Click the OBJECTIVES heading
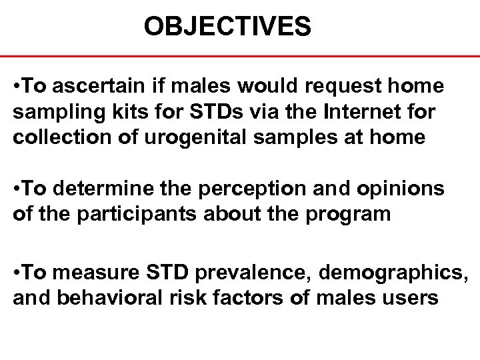coord(227,27)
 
